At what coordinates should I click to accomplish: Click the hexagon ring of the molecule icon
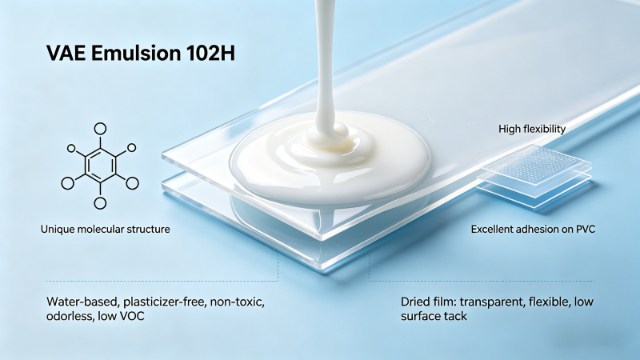coord(101,166)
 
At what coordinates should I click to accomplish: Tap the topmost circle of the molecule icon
coord(101,129)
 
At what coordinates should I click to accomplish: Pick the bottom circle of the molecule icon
coord(101,203)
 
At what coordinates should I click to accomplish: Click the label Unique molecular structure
coord(106,230)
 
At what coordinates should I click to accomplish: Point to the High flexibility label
coord(532,130)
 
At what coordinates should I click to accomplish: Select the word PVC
coord(586,230)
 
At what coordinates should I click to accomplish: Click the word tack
coord(456,316)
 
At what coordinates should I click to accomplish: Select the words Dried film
coord(428,302)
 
